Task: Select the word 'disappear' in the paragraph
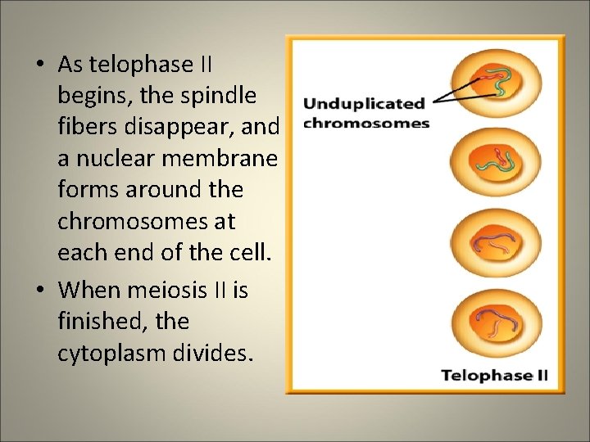[x=183, y=127]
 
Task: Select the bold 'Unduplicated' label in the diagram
[x=365, y=104]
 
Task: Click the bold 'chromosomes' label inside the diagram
[x=366, y=124]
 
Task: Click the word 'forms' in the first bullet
[x=85, y=190]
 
